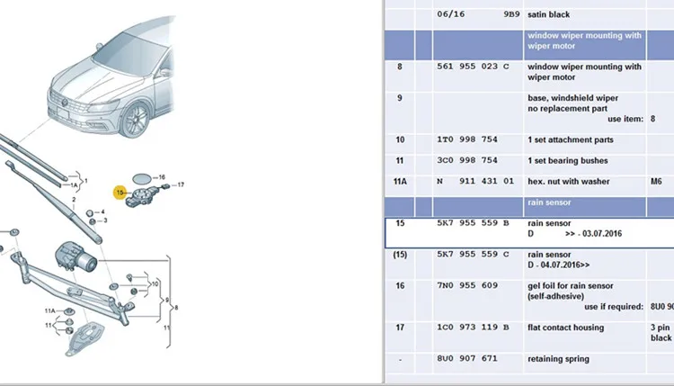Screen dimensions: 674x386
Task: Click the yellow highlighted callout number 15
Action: pyautogui.click(x=120, y=193)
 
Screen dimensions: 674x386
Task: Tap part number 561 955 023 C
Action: pyautogui.click(x=473, y=67)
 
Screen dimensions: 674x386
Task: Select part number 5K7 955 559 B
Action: pyautogui.click(x=473, y=223)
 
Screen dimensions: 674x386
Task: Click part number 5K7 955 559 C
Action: pyautogui.click(x=473, y=255)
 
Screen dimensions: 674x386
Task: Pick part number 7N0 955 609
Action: pyautogui.click(x=467, y=285)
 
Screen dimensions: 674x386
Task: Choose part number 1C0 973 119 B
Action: pyautogui.click(x=473, y=328)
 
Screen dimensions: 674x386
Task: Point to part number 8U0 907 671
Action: pyautogui.click(x=467, y=358)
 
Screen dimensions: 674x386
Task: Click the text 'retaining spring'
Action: pyautogui.click(x=558, y=359)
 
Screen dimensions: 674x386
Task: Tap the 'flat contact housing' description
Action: pyautogui.click(x=565, y=328)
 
